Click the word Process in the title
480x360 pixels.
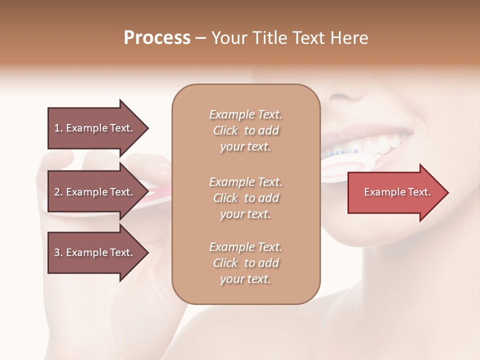(157, 38)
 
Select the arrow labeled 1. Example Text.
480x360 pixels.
(97, 128)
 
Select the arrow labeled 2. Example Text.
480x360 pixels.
(97, 192)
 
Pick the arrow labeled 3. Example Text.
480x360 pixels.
(97, 252)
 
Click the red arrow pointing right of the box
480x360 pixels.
(397, 192)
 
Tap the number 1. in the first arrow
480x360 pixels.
(58, 128)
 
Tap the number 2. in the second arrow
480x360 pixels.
(58, 192)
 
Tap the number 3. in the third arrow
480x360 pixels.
(58, 252)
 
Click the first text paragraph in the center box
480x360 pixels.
(245, 130)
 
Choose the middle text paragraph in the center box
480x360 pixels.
(245, 197)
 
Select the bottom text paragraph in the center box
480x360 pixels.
(245, 263)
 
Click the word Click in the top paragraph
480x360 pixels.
(225, 130)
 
